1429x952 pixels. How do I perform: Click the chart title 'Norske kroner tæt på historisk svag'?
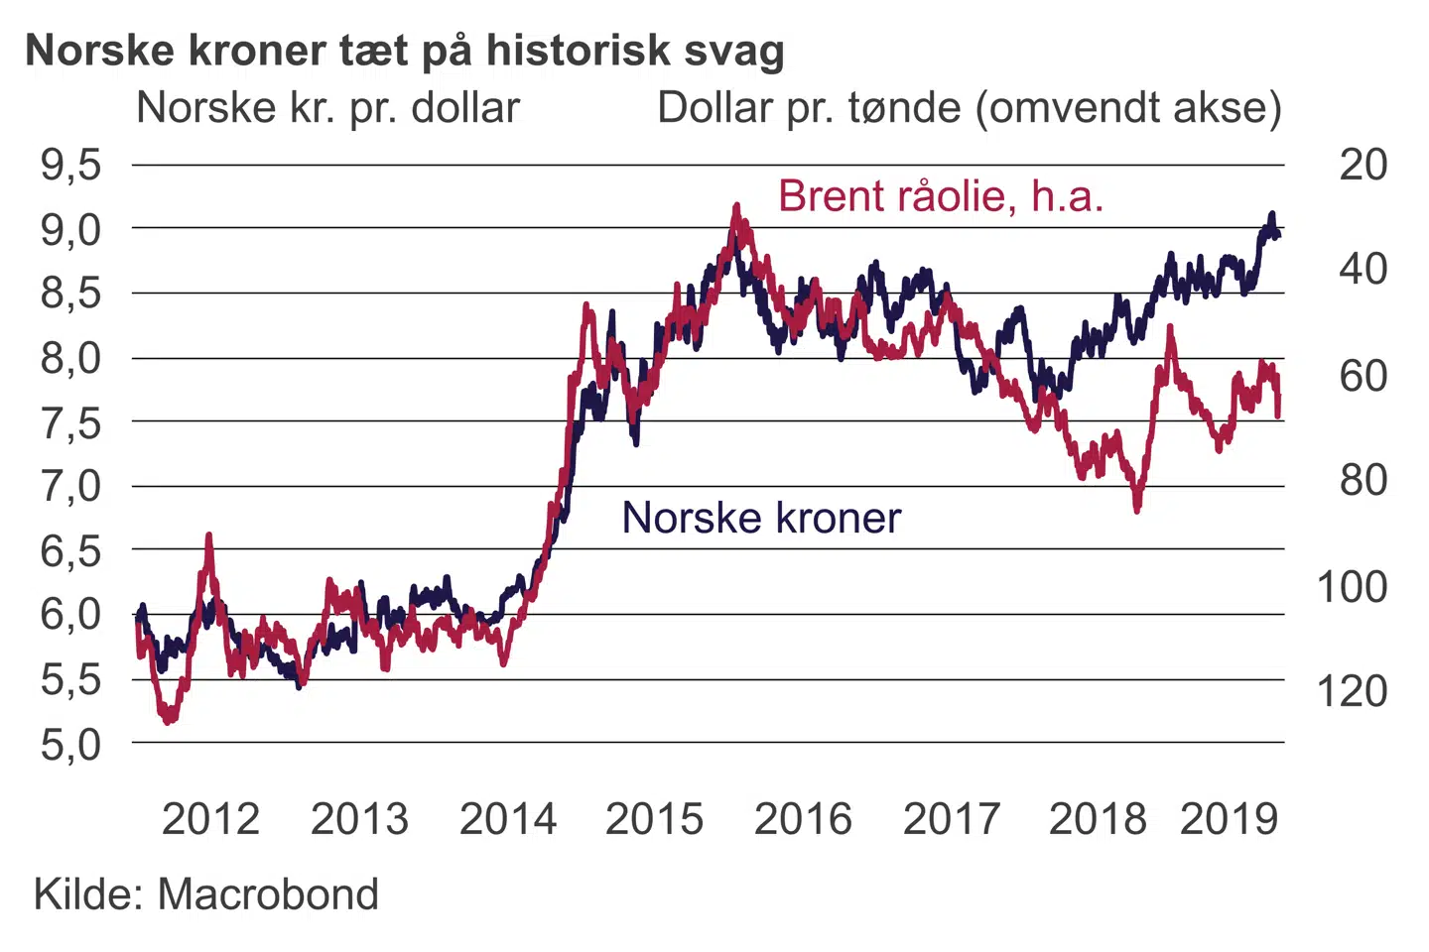point(405,51)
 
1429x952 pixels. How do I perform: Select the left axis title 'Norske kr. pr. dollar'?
point(327,108)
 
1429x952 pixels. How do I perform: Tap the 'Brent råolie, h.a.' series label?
point(940,196)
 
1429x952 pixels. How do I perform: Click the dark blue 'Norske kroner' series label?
point(761,518)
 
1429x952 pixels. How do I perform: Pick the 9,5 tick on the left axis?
point(70,165)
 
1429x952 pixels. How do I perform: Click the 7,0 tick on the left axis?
point(70,486)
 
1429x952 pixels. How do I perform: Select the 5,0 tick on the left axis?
point(70,744)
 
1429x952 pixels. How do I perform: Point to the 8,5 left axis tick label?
point(70,294)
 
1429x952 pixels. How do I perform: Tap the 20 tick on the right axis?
point(1363,165)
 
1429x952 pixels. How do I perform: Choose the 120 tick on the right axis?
point(1351,691)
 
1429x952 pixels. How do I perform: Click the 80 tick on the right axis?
point(1363,480)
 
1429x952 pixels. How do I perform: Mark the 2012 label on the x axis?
point(210,819)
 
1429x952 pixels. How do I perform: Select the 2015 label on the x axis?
point(654,819)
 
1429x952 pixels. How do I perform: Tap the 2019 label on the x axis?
point(1229,819)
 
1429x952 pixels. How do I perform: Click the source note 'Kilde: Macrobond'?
point(206,894)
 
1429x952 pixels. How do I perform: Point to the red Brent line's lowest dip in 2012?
point(170,720)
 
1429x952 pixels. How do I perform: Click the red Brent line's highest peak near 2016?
point(735,206)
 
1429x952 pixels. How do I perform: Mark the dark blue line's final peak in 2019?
point(1271,214)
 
